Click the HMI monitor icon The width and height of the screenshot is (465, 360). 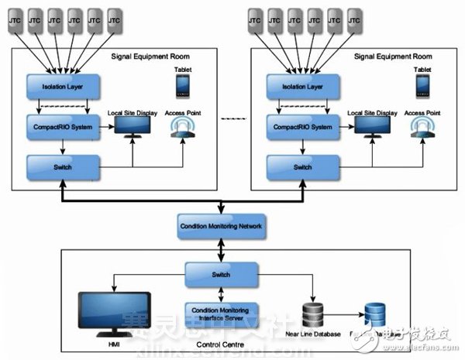coord(115,311)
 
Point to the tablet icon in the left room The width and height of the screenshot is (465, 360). coord(183,86)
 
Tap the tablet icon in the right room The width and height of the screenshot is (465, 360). coord(422,86)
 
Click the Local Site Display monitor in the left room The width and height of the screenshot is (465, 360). coord(133,129)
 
